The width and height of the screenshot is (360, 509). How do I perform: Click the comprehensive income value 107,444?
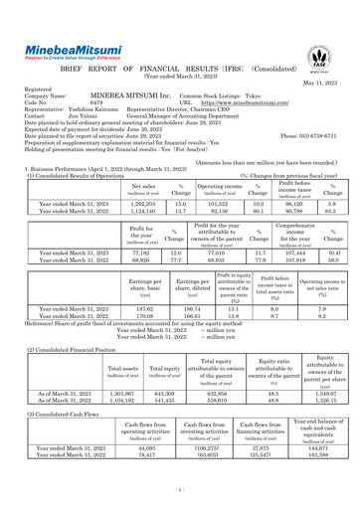pos(284,253)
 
